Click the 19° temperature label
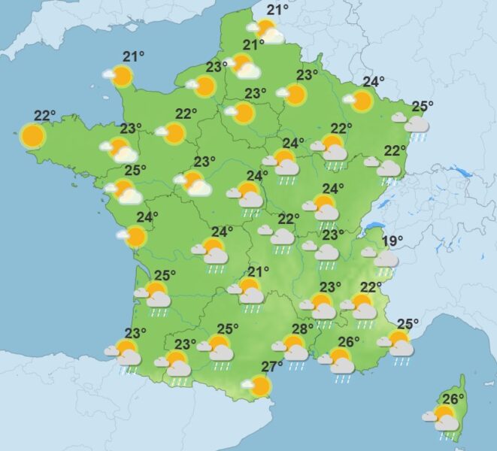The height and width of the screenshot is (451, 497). [392, 241]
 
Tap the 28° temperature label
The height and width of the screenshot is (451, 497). [302, 329]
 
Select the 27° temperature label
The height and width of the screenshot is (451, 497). [271, 367]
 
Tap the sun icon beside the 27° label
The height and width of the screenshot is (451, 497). [259, 386]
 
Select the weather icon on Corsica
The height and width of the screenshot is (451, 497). [444, 419]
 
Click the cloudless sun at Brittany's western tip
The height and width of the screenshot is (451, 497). [33, 136]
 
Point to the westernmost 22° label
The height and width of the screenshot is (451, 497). [44, 115]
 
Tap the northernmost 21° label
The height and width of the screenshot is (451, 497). [278, 10]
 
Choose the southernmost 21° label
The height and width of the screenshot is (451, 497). [259, 271]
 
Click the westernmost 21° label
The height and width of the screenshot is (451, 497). [134, 56]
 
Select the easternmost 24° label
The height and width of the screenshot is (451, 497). [374, 82]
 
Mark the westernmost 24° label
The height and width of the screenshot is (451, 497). [147, 218]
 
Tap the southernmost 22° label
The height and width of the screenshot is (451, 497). [371, 286]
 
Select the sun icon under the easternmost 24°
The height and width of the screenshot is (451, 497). [362, 101]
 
